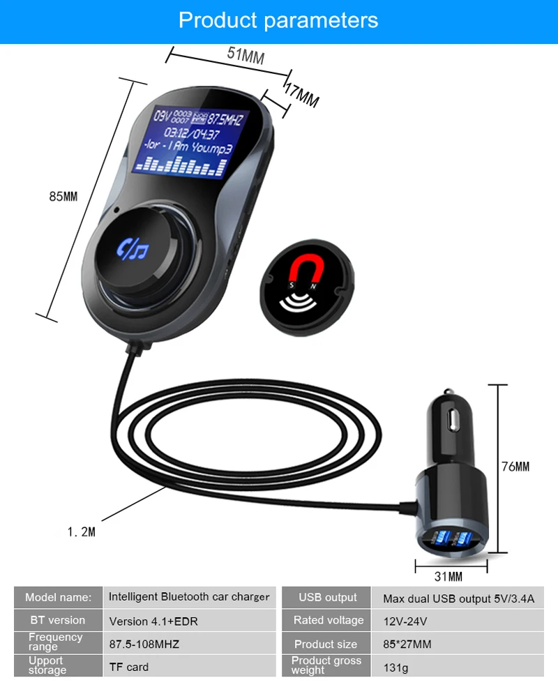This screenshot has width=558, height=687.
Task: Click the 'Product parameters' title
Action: pos(278,20)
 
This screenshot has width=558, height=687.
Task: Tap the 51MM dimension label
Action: pos(246,55)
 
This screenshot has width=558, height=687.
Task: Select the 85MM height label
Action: pos(63,196)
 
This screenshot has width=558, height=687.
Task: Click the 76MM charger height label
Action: pos(515,467)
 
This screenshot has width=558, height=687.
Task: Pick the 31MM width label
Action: pos(448,576)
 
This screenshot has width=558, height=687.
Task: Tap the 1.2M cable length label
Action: pos(81,531)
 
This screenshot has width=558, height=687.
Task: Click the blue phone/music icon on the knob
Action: pos(133,249)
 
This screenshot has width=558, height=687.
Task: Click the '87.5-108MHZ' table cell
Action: pos(144,644)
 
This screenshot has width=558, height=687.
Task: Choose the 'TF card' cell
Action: pos(129,667)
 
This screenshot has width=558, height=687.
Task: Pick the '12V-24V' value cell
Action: pos(405,621)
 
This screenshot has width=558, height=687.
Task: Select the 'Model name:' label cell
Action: pos(58,597)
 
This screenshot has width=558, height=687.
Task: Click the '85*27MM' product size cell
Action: pos(407,644)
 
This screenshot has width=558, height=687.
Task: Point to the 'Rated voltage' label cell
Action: pos(328,620)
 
